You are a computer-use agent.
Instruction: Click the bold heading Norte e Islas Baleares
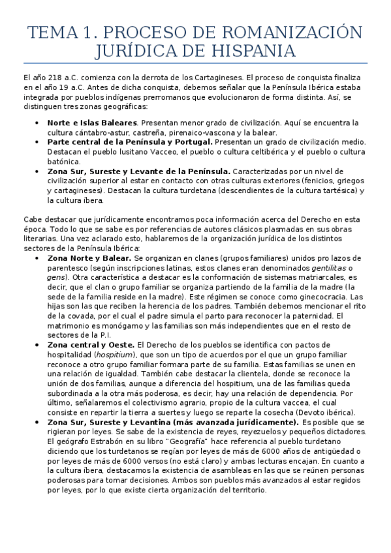click(92, 123)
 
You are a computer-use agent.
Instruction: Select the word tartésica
click(322, 190)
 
